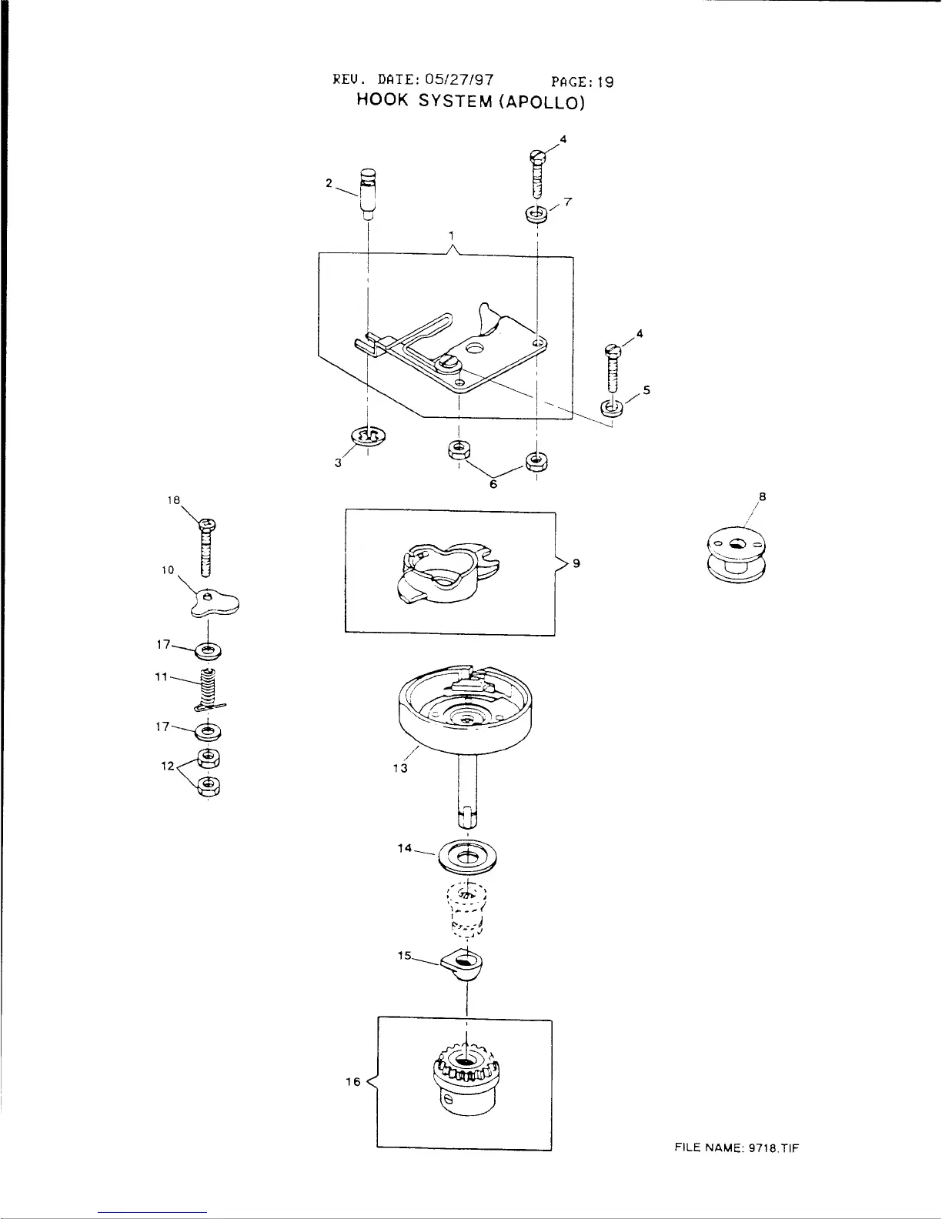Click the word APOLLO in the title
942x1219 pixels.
click(x=543, y=102)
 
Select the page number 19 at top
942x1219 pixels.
click(x=606, y=81)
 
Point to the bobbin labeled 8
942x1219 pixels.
click(x=735, y=554)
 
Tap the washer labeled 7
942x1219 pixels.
click(x=536, y=213)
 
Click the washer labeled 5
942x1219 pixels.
click(x=613, y=406)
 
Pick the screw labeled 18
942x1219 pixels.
click(x=205, y=547)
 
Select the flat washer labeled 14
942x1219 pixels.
click(x=467, y=857)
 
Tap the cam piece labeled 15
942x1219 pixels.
click(x=464, y=964)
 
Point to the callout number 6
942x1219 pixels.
click(x=493, y=485)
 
